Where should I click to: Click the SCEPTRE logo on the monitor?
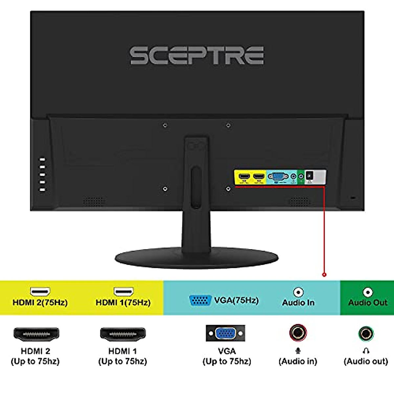pos(197,55)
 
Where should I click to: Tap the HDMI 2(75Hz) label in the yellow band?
pos(40,302)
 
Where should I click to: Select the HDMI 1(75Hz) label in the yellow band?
pos(123,302)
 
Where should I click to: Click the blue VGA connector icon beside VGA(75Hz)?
pos(200,300)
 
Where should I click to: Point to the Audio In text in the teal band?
pos(298,302)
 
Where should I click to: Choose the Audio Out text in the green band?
pos(368,302)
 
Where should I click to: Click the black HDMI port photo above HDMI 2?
pos(36,334)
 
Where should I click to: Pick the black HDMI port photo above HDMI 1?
pos(123,334)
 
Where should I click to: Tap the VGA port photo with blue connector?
pos(226,334)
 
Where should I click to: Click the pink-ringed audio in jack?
pos(298,333)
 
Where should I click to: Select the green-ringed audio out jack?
pos(366,334)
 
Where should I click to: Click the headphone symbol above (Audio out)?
pos(366,351)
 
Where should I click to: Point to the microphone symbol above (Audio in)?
pos(298,351)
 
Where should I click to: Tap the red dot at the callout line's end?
pos(324,274)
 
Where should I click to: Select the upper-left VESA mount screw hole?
pos(165,125)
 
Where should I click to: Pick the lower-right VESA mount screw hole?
pos(229,189)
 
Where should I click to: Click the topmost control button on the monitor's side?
pos(42,160)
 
